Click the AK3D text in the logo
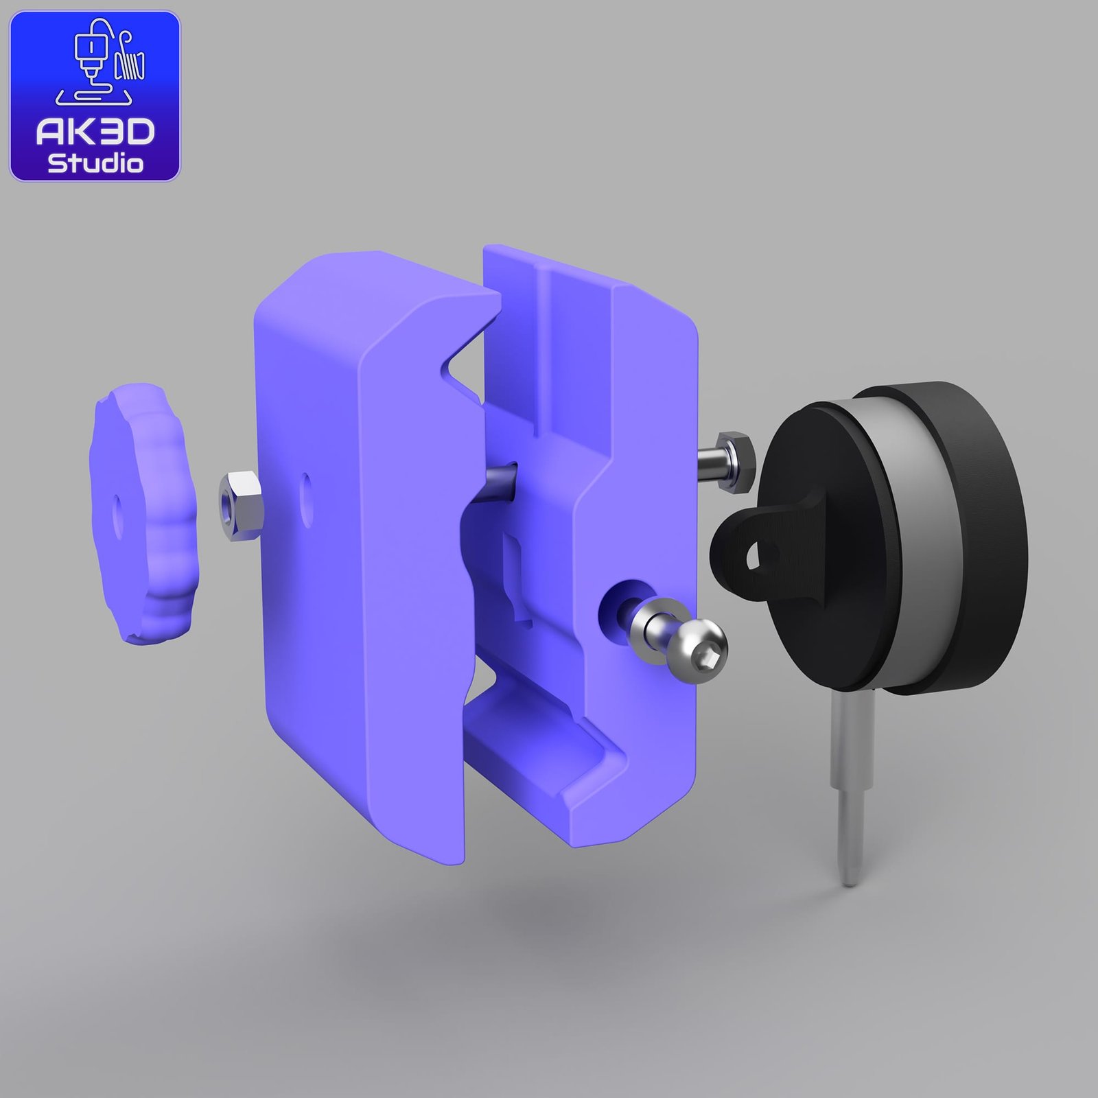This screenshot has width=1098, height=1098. click(95, 133)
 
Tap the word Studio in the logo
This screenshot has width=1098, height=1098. click(95, 163)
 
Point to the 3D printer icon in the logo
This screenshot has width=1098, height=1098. click(100, 66)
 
